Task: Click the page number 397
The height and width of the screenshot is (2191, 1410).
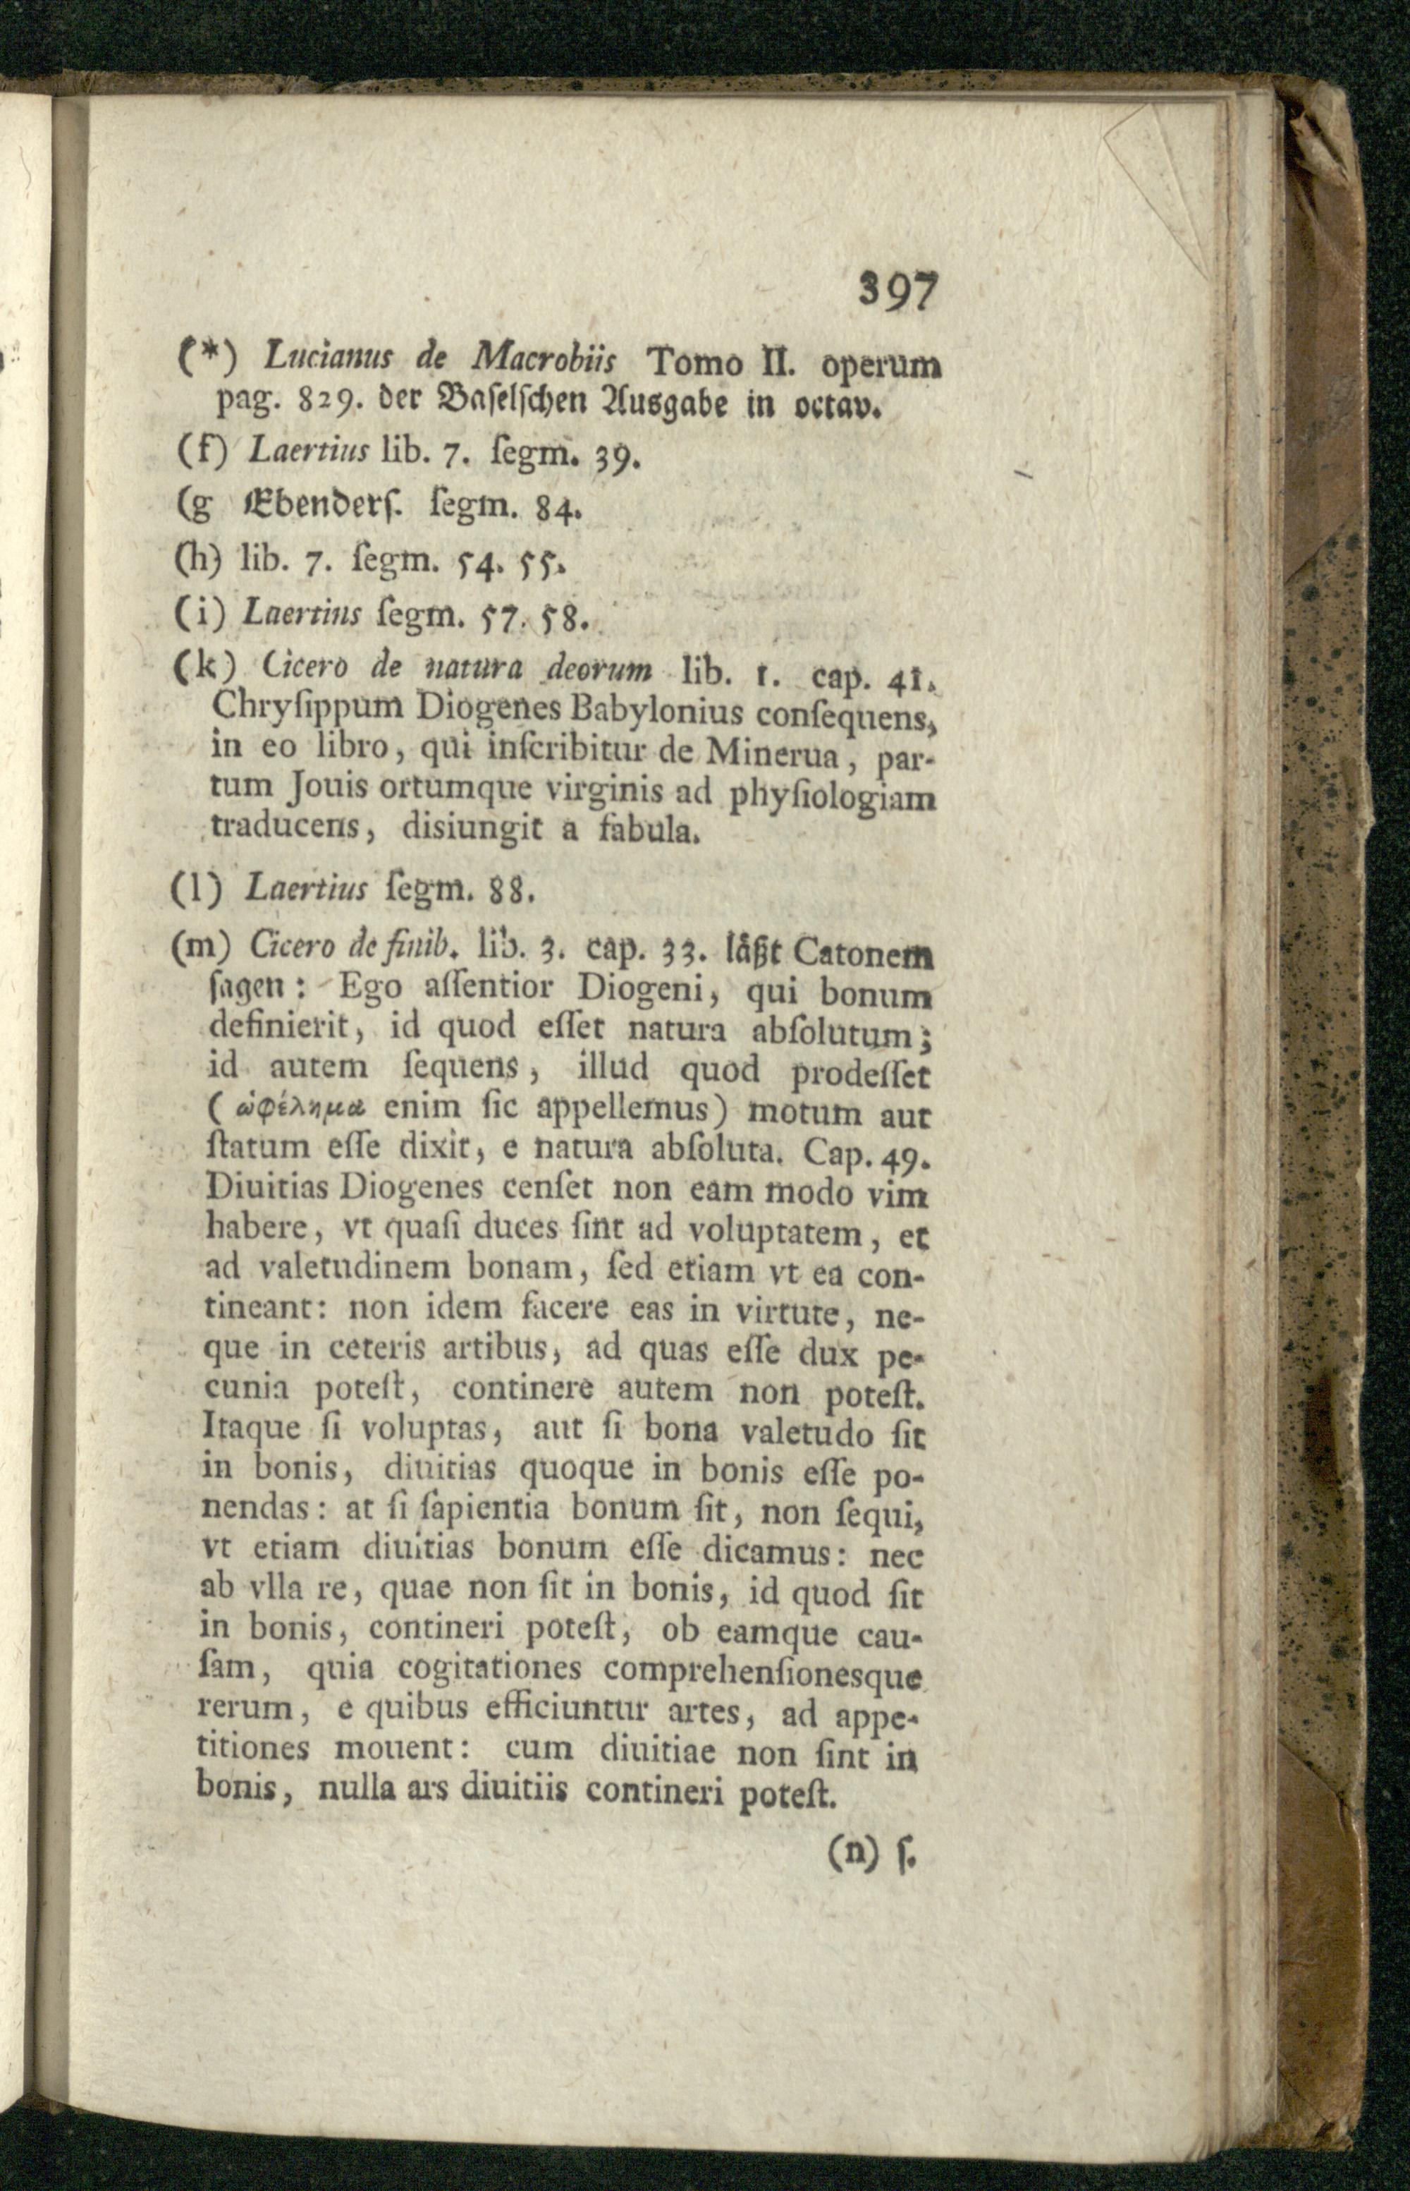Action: pos(900,294)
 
